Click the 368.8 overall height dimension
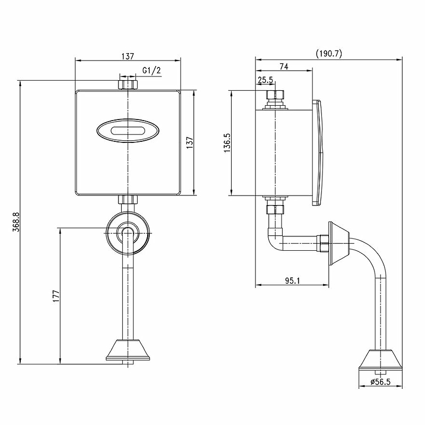16,222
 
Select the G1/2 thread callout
151,71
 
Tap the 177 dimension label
56,296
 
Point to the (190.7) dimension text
329,54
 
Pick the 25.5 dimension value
265,80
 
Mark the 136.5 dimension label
227,142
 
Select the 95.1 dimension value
293,280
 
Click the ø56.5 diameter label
380,381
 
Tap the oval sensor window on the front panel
127,131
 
